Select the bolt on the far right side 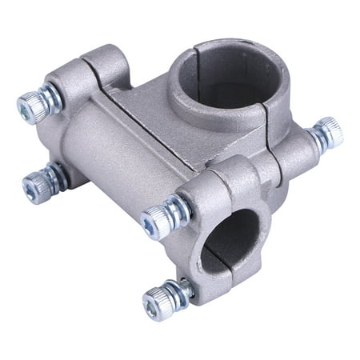coord(327,134)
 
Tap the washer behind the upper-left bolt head coord(51,98)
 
